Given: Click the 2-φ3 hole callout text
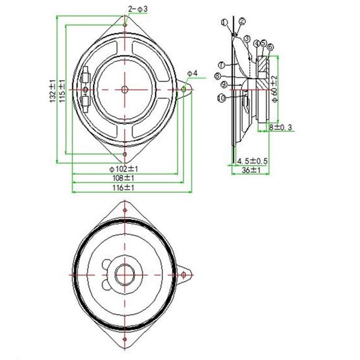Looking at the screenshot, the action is [x=138, y=9].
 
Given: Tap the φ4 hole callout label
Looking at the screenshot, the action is [x=192, y=73].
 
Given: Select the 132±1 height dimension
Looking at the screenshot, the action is [x=53, y=91].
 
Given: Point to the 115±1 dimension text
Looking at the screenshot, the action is [x=62, y=91].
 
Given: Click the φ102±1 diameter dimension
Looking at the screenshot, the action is [x=123, y=169].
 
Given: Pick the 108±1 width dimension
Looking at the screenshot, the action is [x=123, y=178].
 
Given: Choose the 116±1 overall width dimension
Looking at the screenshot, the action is [x=123, y=188].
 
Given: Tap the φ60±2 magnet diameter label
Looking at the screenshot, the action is [x=274, y=88].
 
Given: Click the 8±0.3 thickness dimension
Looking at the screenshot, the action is [x=280, y=128].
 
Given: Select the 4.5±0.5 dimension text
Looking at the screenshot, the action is [x=252, y=161].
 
